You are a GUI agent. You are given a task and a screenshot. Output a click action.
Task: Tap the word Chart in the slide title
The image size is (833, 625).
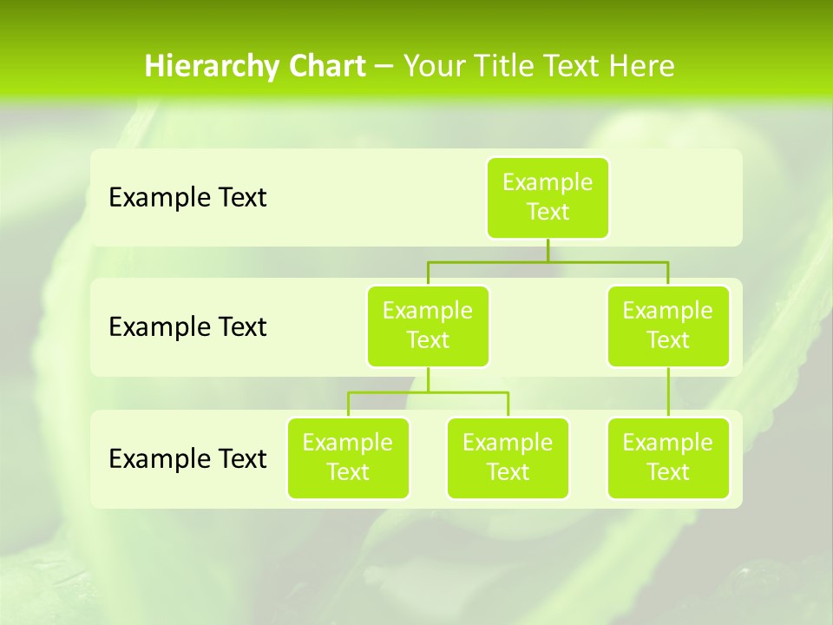pyautogui.click(x=325, y=67)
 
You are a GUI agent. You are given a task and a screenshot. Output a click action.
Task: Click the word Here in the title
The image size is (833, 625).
pyautogui.click(x=643, y=67)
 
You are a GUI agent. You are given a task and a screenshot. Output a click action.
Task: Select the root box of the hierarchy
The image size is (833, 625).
pyautogui.click(x=548, y=197)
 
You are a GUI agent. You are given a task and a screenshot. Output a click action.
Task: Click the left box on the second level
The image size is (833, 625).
pyautogui.click(x=428, y=326)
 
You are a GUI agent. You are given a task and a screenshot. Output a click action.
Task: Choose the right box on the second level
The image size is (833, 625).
pyautogui.click(x=668, y=326)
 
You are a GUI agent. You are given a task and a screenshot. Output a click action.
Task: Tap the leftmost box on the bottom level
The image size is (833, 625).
pyautogui.click(x=348, y=457)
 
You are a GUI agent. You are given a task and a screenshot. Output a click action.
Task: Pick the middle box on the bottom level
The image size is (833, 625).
pyautogui.click(x=508, y=457)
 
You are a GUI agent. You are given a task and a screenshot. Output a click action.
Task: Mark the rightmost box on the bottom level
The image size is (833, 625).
pyautogui.click(x=668, y=457)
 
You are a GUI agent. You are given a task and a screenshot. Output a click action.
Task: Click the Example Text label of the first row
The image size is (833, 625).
pyautogui.click(x=187, y=198)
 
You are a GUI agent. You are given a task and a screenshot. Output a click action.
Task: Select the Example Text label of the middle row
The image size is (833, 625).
pyautogui.click(x=187, y=327)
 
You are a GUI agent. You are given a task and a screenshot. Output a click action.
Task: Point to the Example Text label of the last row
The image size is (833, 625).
pyautogui.click(x=187, y=458)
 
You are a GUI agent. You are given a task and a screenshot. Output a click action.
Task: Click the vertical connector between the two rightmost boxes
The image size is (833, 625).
pyautogui.click(x=668, y=392)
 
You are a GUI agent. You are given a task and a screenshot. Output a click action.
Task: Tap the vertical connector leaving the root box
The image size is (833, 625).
pyautogui.click(x=548, y=250)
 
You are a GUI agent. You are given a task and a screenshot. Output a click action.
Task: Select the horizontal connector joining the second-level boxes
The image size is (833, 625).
pyautogui.click(x=548, y=261)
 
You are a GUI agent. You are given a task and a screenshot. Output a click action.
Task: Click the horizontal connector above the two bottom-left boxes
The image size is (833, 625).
pyautogui.click(x=428, y=392)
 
